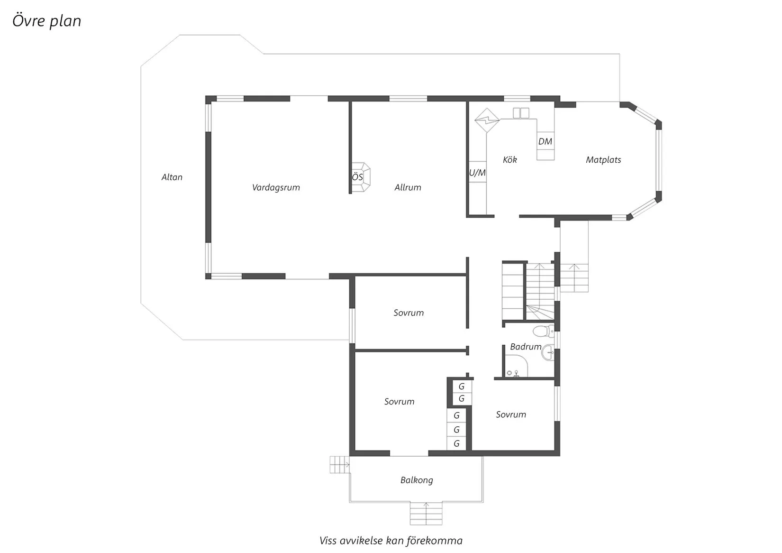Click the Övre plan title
(x=47, y=21)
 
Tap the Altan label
(x=172, y=177)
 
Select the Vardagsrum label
(x=276, y=188)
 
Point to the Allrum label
(x=408, y=188)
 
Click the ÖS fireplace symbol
(x=361, y=177)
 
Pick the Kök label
(x=509, y=160)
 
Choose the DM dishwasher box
(x=546, y=141)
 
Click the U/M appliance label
(x=477, y=173)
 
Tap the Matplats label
(x=603, y=160)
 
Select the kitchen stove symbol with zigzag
(x=487, y=120)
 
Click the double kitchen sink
(x=521, y=113)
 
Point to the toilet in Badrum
(x=543, y=331)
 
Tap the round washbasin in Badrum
(x=548, y=352)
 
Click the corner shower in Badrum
(x=516, y=366)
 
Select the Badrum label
(x=526, y=347)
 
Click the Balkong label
(x=417, y=480)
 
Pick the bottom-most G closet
(x=456, y=443)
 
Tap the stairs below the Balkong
(x=426, y=514)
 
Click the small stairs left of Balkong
(x=340, y=465)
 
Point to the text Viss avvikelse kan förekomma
(x=391, y=541)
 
